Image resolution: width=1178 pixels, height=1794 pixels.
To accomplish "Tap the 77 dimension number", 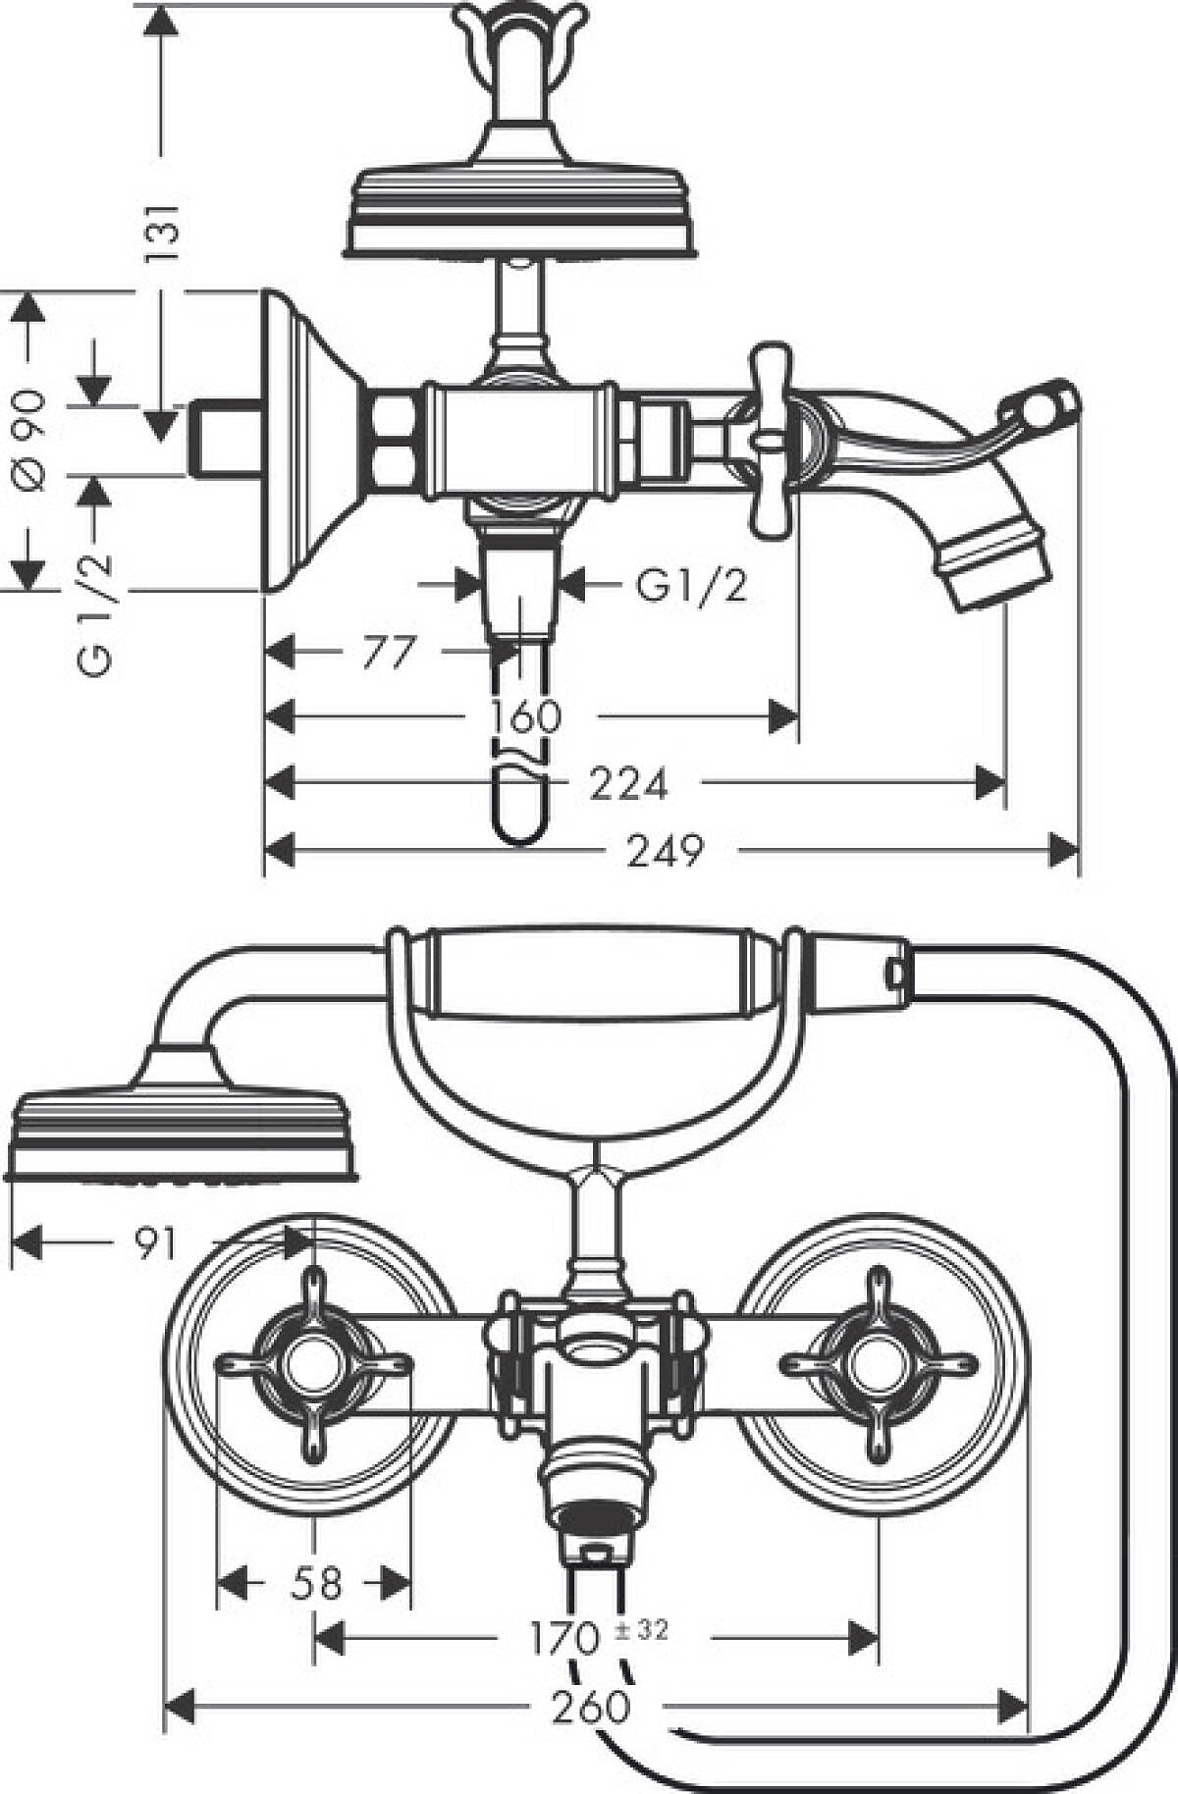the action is [x=389, y=653].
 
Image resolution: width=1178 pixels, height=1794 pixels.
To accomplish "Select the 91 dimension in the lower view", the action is [x=155, y=1244].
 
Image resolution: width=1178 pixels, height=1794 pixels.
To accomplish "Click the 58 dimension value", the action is [x=317, y=1583].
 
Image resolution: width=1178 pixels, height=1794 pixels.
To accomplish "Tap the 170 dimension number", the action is [x=563, y=1637].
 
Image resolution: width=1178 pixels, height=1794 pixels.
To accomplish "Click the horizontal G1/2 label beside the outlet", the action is [x=691, y=587].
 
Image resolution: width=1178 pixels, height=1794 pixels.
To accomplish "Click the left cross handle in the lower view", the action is [x=312, y=1363].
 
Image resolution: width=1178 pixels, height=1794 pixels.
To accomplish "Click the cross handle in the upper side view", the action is [x=772, y=441].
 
